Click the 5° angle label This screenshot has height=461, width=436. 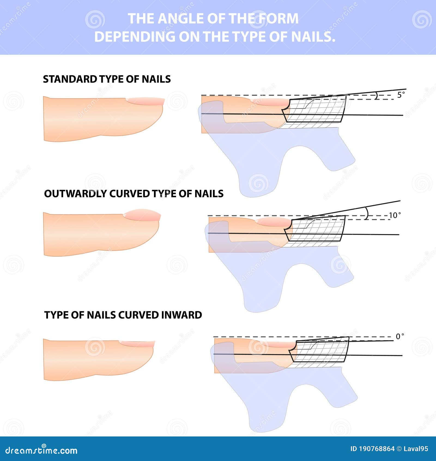click(x=401, y=95)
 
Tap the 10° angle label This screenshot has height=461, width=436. click(x=394, y=215)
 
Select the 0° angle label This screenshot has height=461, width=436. click(x=399, y=337)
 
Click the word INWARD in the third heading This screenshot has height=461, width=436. click(x=181, y=315)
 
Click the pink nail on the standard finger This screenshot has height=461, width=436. click(x=146, y=101)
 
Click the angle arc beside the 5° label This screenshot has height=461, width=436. click(x=377, y=95)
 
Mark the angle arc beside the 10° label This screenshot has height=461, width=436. click(x=367, y=213)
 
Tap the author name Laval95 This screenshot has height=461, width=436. click(x=416, y=449)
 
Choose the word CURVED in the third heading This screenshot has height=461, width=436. click(x=139, y=315)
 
